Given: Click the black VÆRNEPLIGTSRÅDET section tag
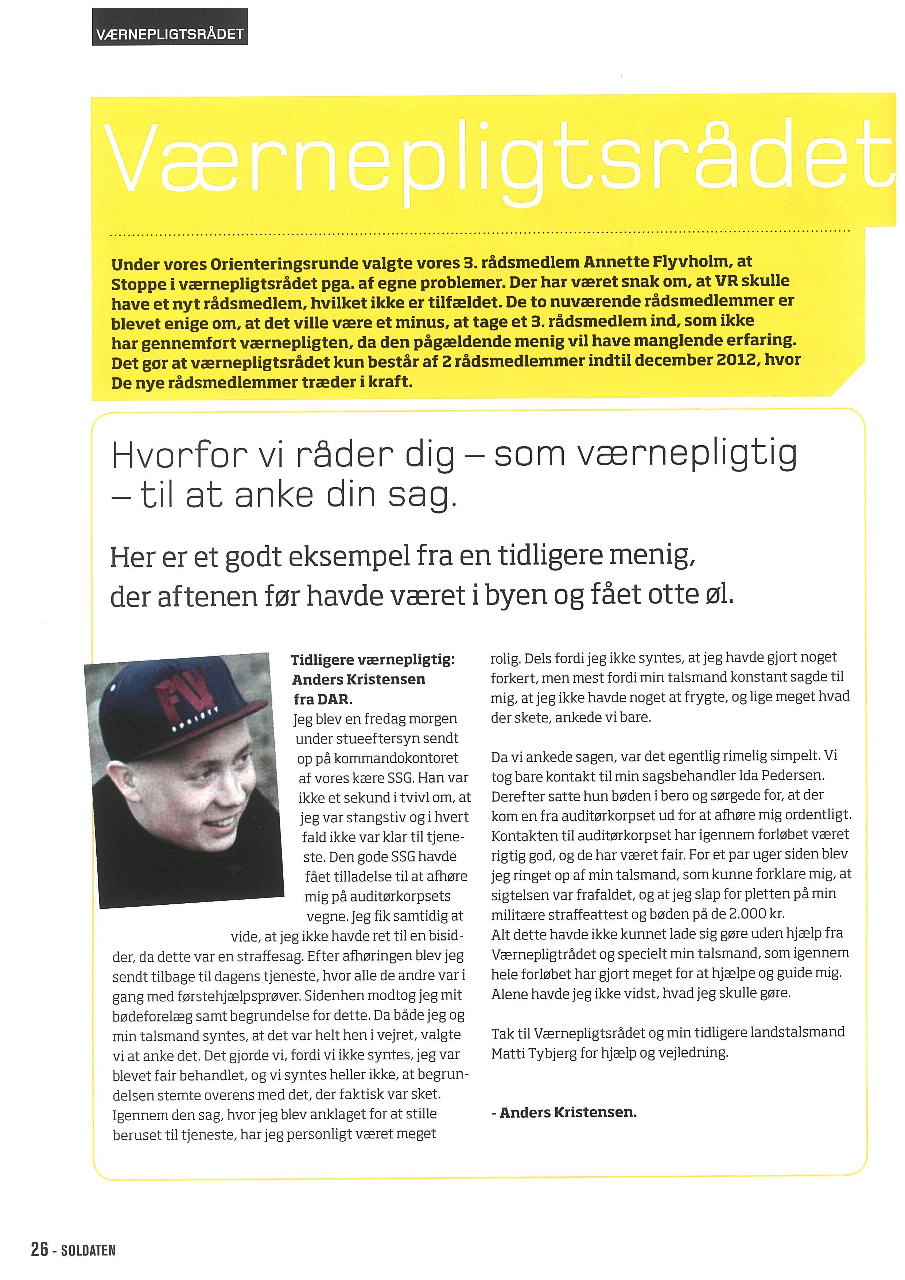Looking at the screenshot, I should click(x=170, y=34).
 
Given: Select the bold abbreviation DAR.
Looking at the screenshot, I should click(x=335, y=699).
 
